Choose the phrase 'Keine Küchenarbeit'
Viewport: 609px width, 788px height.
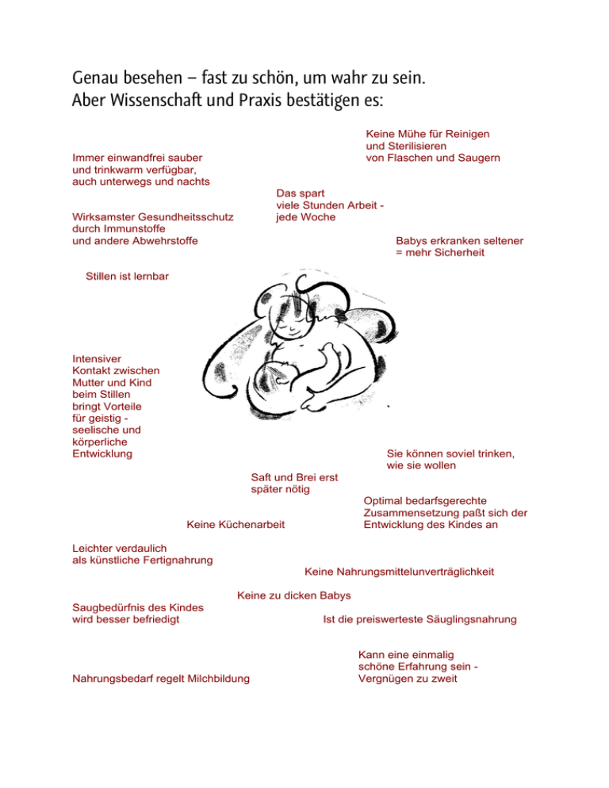pos(236,524)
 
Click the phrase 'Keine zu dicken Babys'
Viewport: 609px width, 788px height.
pos(294,595)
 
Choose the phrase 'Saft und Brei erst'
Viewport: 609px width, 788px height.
pos(294,477)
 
